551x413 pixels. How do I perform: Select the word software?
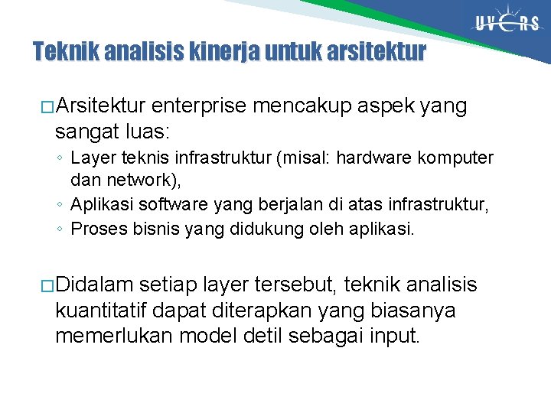[164, 205]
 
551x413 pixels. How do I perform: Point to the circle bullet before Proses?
[60, 229]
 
